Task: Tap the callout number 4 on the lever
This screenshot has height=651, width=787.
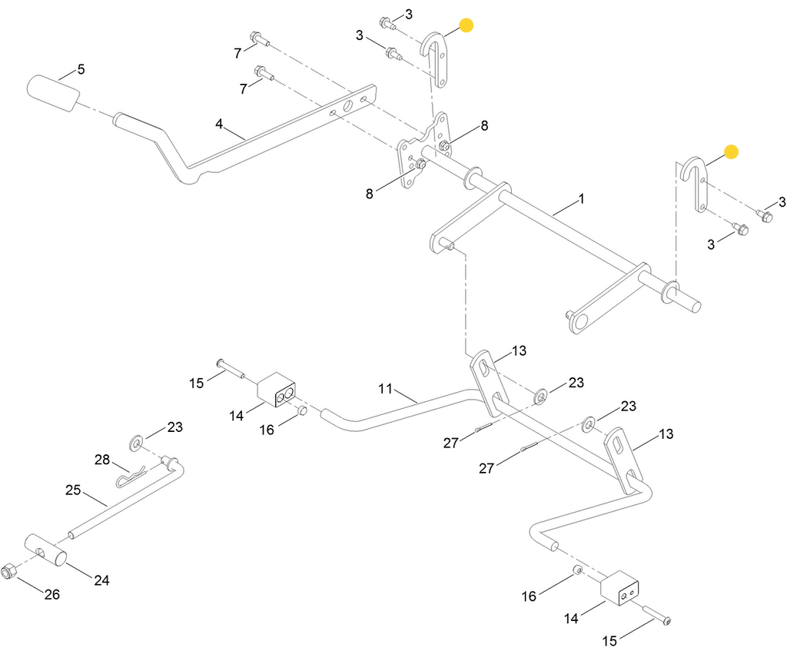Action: click(x=219, y=124)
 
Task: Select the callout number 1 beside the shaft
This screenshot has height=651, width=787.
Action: click(x=582, y=199)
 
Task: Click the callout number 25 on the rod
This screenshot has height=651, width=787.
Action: click(x=73, y=490)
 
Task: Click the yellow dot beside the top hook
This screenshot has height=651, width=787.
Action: click(x=465, y=25)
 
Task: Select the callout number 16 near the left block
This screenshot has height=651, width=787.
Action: click(x=267, y=430)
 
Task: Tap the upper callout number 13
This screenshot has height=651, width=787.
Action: click(x=520, y=351)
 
